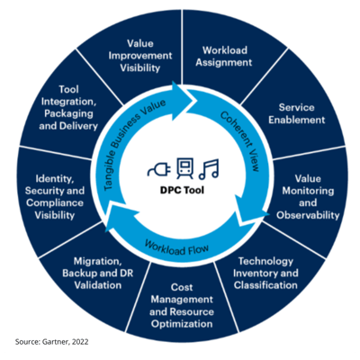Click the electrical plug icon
click(159, 169)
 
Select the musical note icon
click(209, 169)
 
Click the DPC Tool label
click(182, 190)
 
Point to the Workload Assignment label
click(224, 56)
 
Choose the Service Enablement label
click(296, 113)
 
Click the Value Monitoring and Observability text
click(308, 197)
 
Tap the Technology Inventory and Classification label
click(265, 273)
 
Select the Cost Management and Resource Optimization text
click(182, 305)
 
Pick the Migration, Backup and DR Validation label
click(98, 273)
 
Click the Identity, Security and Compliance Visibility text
click(55, 197)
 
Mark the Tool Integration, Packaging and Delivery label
click(68, 108)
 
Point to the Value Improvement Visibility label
click(140, 56)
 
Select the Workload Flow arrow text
click(176, 247)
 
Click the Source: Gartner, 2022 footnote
click(52, 342)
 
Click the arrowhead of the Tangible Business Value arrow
click(184, 96)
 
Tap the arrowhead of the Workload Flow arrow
click(119, 217)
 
